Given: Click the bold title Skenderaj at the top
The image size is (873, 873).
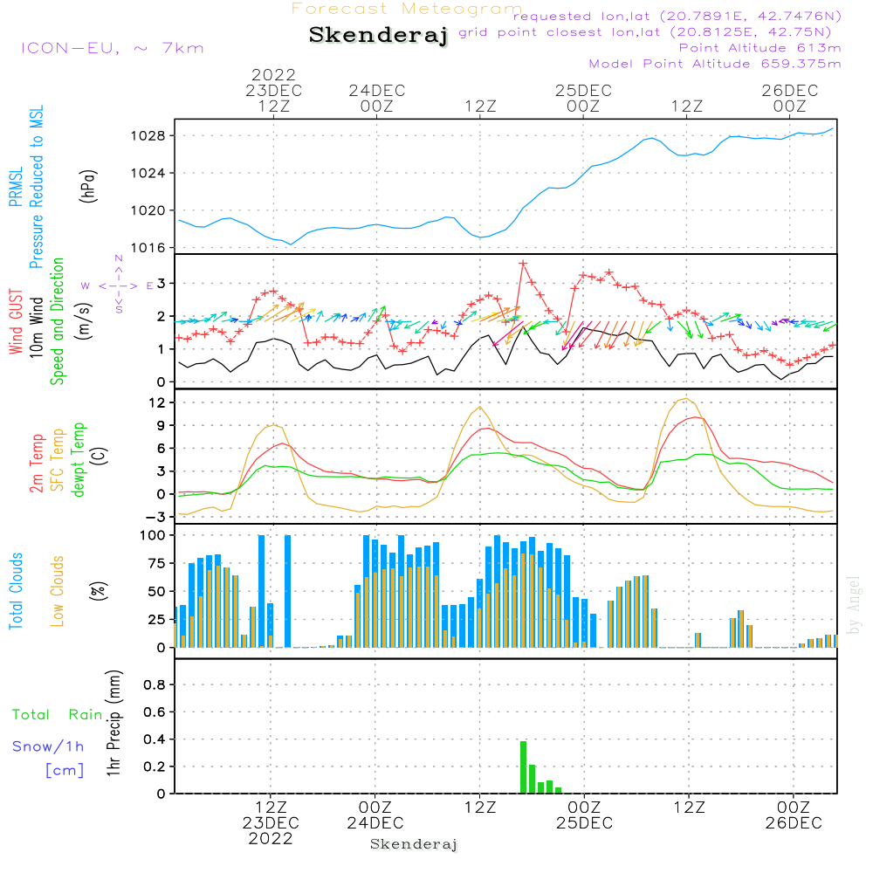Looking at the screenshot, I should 378,36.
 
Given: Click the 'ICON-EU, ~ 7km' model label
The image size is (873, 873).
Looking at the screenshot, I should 112,48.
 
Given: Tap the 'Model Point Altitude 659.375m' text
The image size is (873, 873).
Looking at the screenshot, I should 715,64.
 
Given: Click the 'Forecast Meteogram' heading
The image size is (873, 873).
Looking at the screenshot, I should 407,10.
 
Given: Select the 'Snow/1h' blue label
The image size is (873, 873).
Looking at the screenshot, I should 49,746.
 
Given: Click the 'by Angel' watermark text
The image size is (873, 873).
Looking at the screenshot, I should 855,604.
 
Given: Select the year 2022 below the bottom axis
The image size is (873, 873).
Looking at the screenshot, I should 271,839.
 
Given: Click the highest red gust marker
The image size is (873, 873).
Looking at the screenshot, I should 523,263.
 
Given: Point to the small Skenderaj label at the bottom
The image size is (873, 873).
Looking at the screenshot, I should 414,844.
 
